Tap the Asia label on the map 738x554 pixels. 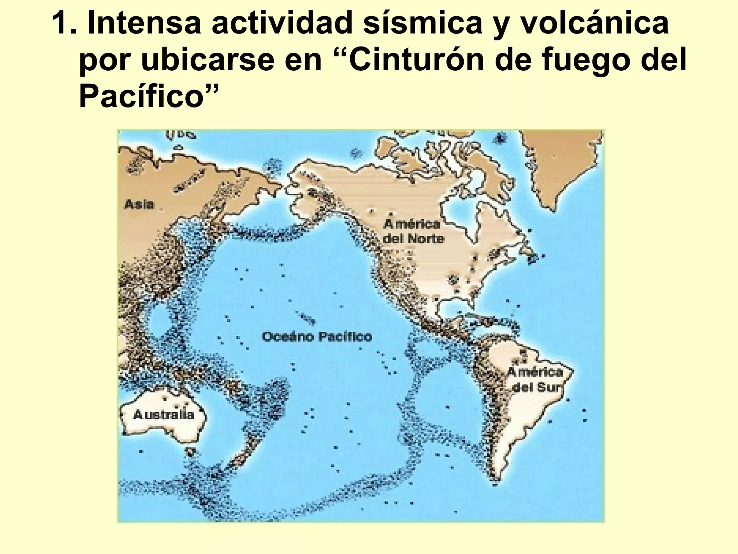[139, 205]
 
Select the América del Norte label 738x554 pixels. [413, 231]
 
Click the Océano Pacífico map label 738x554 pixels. [317, 337]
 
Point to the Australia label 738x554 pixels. [164, 415]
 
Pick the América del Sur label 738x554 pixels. [535, 379]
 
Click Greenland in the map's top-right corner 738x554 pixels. [562, 159]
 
